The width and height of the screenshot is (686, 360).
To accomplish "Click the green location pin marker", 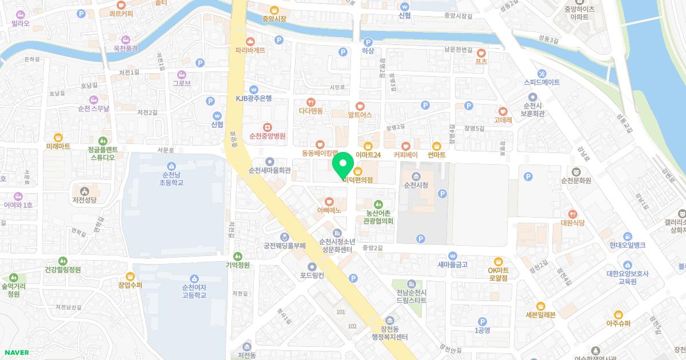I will tap(342, 165).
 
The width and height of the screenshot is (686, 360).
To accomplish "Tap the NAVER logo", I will tap(16, 353).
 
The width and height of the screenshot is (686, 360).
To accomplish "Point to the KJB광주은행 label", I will tap(254, 98).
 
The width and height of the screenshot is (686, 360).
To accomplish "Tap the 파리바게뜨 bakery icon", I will tap(250, 41).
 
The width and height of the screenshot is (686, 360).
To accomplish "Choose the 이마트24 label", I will tap(368, 155).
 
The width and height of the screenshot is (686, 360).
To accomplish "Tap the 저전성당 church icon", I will tap(85, 190).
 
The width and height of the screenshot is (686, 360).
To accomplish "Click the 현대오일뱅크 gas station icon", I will tap(627, 236).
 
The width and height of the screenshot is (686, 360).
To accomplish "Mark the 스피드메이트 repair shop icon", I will tap(542, 74).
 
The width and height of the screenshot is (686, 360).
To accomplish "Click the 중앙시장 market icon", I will tap(273, 10).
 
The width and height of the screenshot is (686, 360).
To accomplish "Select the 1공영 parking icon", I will tap(482, 322).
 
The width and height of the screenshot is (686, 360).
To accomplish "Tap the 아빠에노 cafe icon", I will tap(329, 201).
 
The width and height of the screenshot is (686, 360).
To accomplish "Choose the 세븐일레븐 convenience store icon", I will tap(540, 306).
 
